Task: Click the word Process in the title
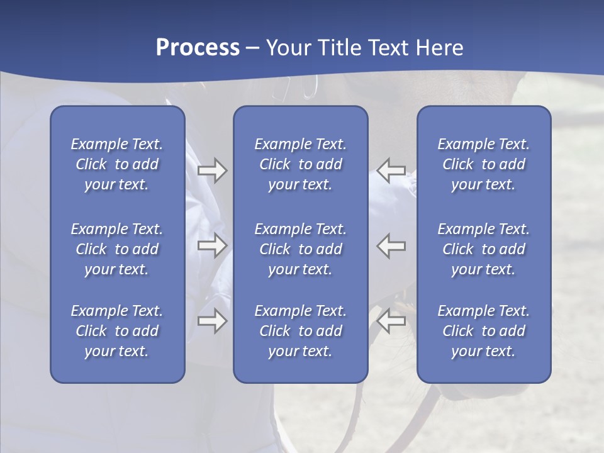pyautogui.click(x=198, y=48)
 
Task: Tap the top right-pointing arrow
pyautogui.click(x=212, y=171)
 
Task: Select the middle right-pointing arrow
pyautogui.click(x=212, y=245)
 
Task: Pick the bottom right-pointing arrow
pyautogui.click(x=212, y=321)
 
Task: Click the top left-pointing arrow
pyautogui.click(x=391, y=171)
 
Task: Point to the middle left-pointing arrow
pyautogui.click(x=391, y=245)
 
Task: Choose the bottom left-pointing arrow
pyautogui.click(x=391, y=321)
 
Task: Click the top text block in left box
pyautogui.click(x=117, y=164)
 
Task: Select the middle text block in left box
pyautogui.click(x=117, y=249)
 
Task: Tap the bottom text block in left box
pyautogui.click(x=117, y=331)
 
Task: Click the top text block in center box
pyautogui.click(x=300, y=164)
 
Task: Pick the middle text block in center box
pyautogui.click(x=300, y=249)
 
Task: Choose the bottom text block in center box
pyautogui.click(x=300, y=331)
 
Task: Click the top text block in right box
pyautogui.click(x=484, y=164)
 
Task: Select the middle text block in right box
pyautogui.click(x=484, y=249)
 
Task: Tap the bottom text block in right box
pyautogui.click(x=484, y=331)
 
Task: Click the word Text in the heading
pyautogui.click(x=390, y=48)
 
